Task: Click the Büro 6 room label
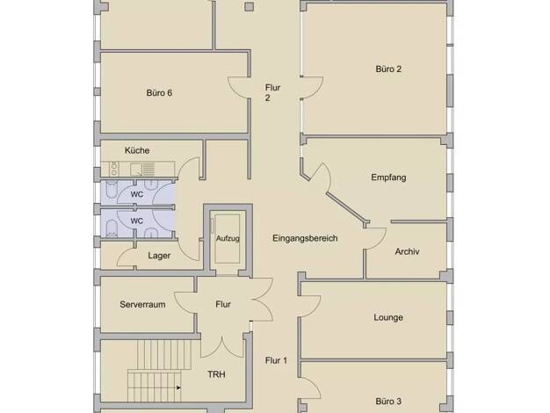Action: click(159, 93)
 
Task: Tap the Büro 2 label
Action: click(388, 69)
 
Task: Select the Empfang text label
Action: click(388, 178)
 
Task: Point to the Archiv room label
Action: click(407, 251)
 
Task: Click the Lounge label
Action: click(388, 317)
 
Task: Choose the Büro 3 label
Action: click(388, 401)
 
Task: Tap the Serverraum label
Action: click(142, 304)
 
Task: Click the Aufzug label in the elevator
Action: click(228, 239)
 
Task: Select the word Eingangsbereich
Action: click(305, 238)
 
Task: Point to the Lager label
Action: click(159, 256)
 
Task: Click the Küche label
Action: click(137, 150)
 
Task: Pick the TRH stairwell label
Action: click(216, 374)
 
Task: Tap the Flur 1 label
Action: click(276, 360)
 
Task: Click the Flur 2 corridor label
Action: click(272, 92)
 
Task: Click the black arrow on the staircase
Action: click(178, 388)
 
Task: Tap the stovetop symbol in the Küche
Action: click(114, 169)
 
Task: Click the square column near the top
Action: click(249, 7)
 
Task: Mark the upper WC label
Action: click(137, 194)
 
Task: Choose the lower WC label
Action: click(137, 221)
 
